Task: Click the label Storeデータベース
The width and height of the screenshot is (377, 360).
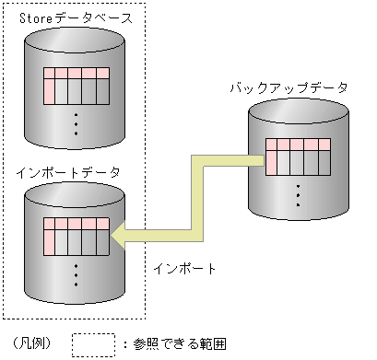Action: (x=76, y=18)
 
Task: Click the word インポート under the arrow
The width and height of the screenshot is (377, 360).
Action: (x=184, y=270)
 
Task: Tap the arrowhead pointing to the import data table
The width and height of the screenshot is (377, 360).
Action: (x=118, y=238)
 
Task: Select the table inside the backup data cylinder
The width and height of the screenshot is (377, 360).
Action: (x=298, y=156)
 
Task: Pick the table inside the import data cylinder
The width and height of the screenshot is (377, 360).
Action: (x=77, y=238)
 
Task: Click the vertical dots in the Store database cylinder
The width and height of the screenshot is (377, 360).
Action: (x=77, y=124)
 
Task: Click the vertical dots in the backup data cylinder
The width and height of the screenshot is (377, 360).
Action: (x=298, y=195)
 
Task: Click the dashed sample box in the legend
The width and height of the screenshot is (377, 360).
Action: (x=92, y=343)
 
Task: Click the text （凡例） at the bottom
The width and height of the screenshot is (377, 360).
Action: (x=33, y=344)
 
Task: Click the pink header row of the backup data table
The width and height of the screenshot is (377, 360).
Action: (x=298, y=144)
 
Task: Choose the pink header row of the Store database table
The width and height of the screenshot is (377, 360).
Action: (x=77, y=73)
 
